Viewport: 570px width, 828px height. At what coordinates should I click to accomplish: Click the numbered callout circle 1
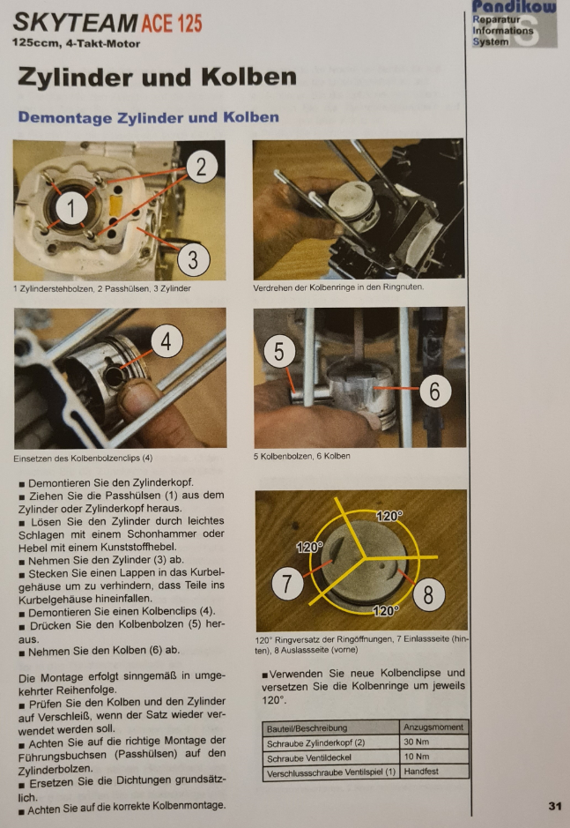coord(71,207)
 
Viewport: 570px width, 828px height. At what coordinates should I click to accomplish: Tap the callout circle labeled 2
coord(202,167)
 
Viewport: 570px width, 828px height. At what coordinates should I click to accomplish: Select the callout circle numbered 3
coord(193,260)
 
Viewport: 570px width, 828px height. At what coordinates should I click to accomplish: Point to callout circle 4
coord(167,340)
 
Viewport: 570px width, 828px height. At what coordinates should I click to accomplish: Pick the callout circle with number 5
coord(279,351)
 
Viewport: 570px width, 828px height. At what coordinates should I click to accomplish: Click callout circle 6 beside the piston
coord(435,392)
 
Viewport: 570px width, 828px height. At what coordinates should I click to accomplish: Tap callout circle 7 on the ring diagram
coord(287,584)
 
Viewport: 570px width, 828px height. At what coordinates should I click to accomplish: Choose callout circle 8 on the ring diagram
coord(428,594)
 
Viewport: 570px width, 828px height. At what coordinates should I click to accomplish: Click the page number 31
coord(555,806)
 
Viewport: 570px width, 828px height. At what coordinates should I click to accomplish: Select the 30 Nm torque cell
coord(417,742)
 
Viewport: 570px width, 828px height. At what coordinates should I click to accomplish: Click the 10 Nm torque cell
coord(417,757)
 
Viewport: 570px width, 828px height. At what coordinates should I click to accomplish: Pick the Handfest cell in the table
coord(421,772)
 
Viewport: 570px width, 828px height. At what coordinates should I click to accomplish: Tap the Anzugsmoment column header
coord(433,727)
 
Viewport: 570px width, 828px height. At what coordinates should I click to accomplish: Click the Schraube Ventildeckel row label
coord(308,757)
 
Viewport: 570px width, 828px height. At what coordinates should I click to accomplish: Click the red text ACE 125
coord(172,23)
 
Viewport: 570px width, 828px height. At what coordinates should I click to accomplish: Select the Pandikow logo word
coord(514,7)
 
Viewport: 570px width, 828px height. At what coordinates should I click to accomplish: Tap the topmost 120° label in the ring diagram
coord(389,515)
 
